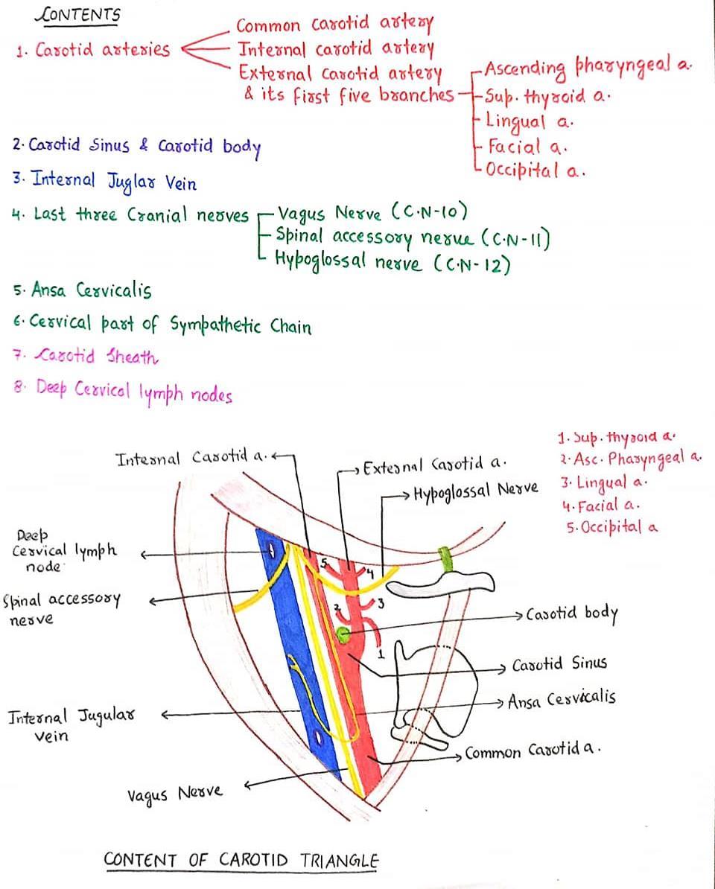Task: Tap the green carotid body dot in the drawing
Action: point(343,635)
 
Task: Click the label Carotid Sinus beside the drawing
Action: point(559,663)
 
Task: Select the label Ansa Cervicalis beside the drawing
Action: point(562,701)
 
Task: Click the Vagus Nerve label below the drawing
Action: point(174,793)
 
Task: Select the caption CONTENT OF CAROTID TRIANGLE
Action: point(241,860)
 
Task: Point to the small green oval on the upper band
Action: point(445,556)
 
